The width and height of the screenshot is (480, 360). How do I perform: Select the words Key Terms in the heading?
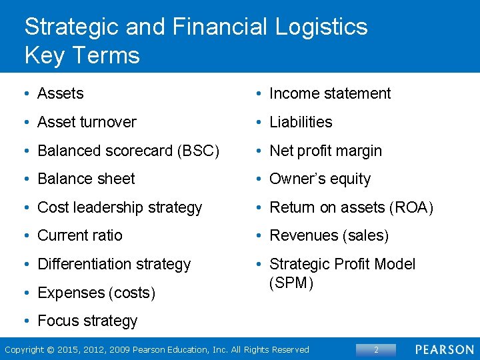(82, 55)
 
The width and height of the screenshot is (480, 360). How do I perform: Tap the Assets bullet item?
(61, 94)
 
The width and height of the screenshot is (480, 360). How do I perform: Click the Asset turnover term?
(87, 122)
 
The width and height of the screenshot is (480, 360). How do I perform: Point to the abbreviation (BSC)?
(198, 151)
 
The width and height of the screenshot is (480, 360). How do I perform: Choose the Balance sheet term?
(86, 179)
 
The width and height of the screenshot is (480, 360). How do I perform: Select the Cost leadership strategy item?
(119, 207)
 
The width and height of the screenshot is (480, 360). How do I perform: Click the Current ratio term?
(80, 235)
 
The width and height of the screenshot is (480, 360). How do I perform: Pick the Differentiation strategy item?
(114, 264)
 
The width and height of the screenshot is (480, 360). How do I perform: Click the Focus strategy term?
(87, 321)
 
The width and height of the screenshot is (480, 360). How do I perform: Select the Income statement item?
(330, 94)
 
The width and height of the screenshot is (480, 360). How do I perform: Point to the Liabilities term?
(301, 122)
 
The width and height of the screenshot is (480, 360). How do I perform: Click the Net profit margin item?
(325, 151)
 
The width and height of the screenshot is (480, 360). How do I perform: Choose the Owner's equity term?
(320, 179)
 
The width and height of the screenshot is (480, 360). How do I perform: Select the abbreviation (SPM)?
(291, 283)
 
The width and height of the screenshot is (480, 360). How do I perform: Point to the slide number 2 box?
(375, 349)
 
